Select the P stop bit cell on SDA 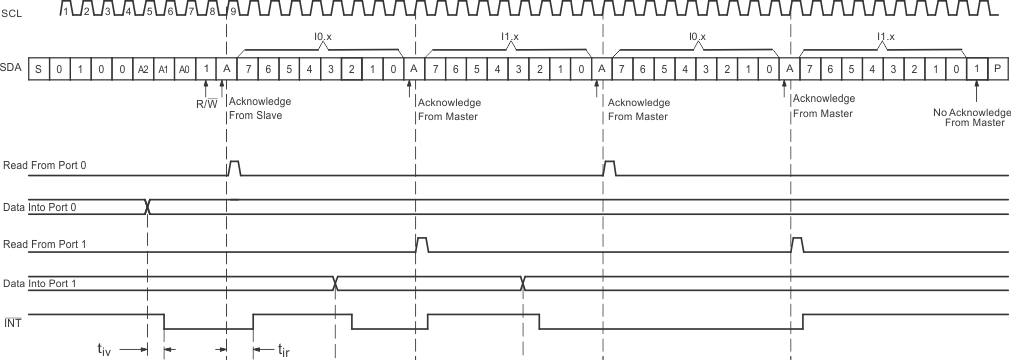click(x=997, y=69)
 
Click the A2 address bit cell click(x=144, y=69)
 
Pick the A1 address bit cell click(x=164, y=69)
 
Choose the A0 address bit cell click(x=184, y=69)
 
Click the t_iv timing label click(x=104, y=350)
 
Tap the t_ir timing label click(x=283, y=350)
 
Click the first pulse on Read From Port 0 click(x=234, y=167)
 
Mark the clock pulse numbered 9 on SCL click(x=233, y=12)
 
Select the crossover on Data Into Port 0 click(x=148, y=207)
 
